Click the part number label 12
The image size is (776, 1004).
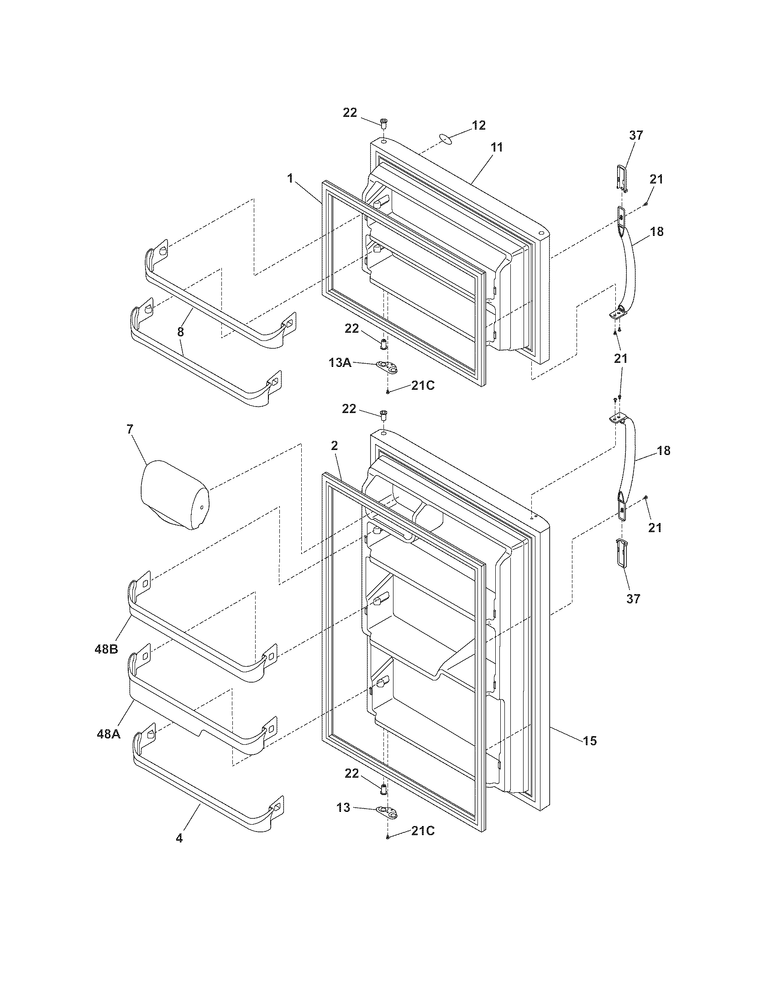point(478,125)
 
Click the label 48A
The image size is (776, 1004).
point(109,734)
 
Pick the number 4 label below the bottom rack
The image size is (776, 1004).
point(179,838)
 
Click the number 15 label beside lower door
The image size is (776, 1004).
point(590,740)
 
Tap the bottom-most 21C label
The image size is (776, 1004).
point(423,831)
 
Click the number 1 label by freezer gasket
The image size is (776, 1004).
point(290,178)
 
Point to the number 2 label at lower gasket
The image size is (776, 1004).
point(334,445)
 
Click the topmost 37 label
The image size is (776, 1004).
point(636,135)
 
